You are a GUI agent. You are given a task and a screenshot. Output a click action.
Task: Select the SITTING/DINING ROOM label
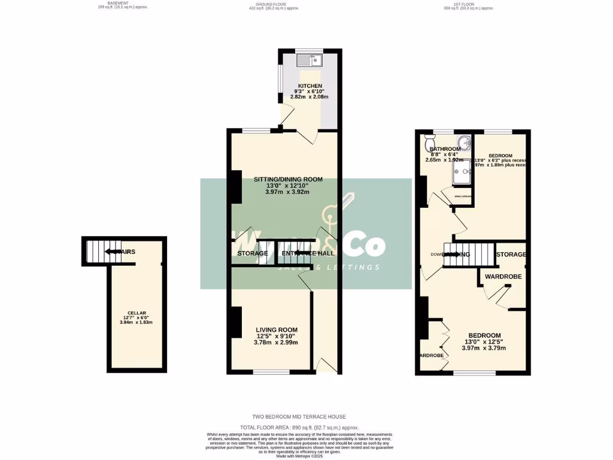click(288, 179)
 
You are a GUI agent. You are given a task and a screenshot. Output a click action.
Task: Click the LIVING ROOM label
click(277, 330)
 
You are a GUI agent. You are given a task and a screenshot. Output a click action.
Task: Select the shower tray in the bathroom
click(461, 173)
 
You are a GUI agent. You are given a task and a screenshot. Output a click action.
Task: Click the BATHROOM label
click(444, 149)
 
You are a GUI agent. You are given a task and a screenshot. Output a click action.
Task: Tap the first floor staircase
click(469, 254)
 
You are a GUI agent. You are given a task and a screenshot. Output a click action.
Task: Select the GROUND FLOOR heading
click(265, 4)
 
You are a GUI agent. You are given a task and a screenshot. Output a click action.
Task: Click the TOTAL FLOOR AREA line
click(306, 428)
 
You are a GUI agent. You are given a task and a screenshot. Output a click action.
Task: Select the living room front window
click(271, 373)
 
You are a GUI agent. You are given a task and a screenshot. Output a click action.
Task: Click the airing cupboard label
click(462, 196)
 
